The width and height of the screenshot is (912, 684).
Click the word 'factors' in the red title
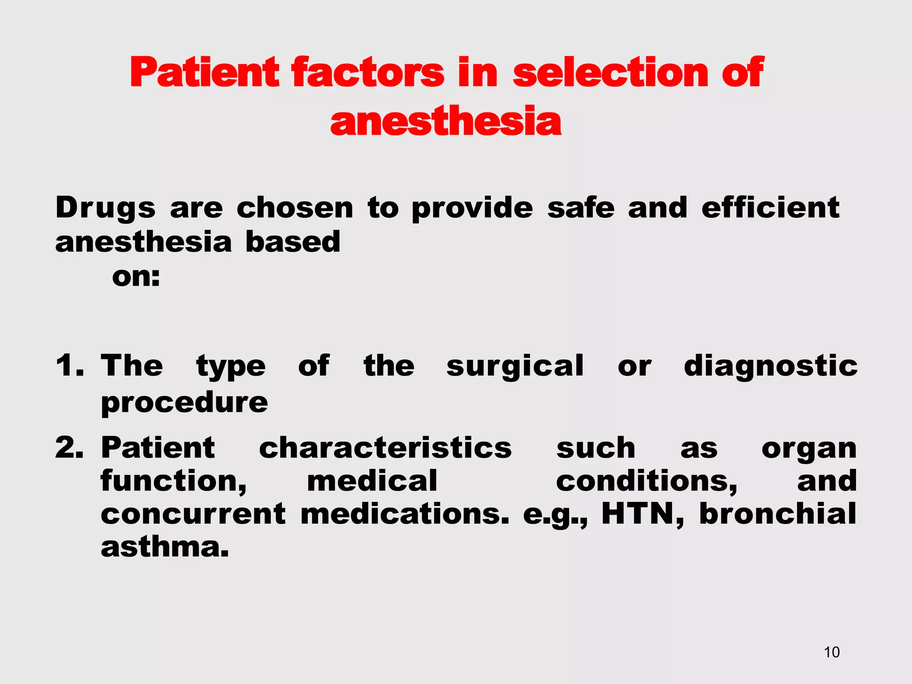pos(367,73)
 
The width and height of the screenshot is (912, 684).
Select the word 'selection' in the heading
pos(611,73)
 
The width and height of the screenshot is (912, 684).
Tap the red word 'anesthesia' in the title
pos(446,121)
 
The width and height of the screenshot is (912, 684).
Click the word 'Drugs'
pos(106,208)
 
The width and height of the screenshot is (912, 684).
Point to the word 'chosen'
pos(295,208)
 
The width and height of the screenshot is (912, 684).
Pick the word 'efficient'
pos(770,208)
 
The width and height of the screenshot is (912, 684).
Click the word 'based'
pos(293,242)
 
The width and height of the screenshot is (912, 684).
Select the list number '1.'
pos(69,366)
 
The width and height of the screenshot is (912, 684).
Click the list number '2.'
pos(69,448)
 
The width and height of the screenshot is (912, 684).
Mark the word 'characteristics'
pos(385,448)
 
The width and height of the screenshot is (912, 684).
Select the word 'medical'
pos(372,481)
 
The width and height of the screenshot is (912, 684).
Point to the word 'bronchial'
pos(778,513)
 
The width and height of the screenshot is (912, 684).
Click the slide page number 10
pos(831,652)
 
